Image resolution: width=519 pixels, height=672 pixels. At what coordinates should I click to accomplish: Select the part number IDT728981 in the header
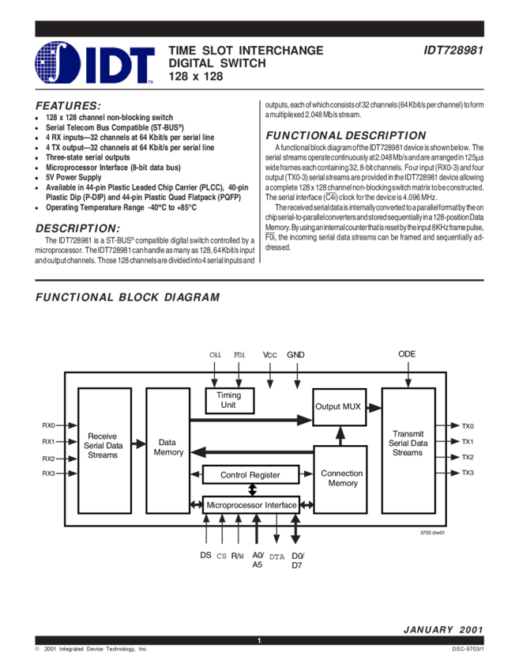pyautogui.click(x=452, y=51)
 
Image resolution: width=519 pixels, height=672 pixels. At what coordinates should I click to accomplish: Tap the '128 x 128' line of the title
pyautogui.click(x=197, y=77)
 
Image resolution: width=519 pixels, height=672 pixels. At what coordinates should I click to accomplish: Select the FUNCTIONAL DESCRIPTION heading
pyautogui.click(x=345, y=135)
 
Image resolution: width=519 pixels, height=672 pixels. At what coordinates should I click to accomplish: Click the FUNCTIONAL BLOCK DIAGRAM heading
pyautogui.click(x=127, y=297)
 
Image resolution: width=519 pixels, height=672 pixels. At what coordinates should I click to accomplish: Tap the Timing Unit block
pyautogui.click(x=229, y=400)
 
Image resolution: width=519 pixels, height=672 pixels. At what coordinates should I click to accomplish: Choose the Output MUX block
pyautogui.click(x=338, y=406)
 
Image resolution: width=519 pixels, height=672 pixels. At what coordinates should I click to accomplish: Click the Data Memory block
pyautogui.click(x=167, y=447)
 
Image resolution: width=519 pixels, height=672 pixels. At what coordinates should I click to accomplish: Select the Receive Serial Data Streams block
pyautogui.click(x=103, y=445)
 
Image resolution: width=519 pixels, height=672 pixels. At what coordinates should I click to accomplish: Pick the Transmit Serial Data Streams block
pyautogui.click(x=408, y=443)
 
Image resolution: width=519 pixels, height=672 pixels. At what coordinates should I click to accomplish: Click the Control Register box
pyautogui.click(x=250, y=475)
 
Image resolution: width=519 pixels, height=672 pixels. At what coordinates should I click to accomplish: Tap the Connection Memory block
pyautogui.click(x=342, y=478)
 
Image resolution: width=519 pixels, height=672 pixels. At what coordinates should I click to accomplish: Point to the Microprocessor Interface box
pyautogui.click(x=251, y=504)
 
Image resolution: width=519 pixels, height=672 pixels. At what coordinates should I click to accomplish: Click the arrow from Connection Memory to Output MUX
pyautogui.click(x=341, y=436)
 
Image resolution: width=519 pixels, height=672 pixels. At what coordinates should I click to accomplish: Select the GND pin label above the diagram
pyautogui.click(x=295, y=355)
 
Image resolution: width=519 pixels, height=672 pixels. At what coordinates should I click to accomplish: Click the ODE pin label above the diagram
pyautogui.click(x=407, y=355)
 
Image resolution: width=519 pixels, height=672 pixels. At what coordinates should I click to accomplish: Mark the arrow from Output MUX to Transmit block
pyautogui.click(x=373, y=407)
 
